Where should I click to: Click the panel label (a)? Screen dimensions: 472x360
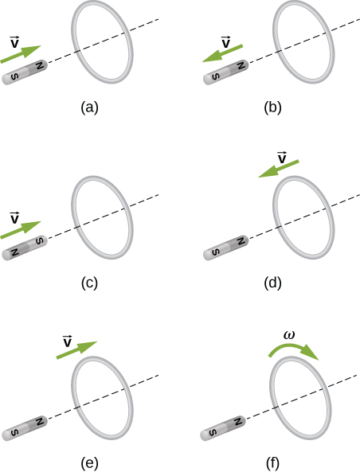(x=89, y=108)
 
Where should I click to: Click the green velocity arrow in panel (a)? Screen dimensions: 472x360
(x=20, y=54)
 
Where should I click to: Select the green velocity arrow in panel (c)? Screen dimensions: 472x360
(x=20, y=228)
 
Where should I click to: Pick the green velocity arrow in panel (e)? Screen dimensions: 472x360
(x=76, y=352)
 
